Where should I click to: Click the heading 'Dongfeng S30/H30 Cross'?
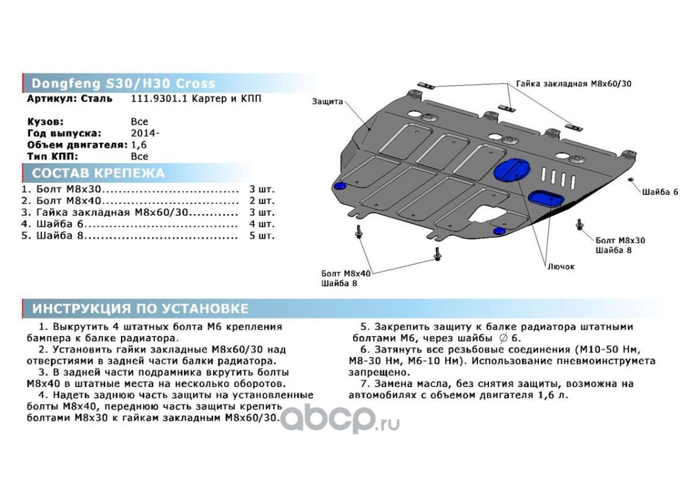tap(123, 84)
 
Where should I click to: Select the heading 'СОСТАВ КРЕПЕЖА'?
tap(98, 173)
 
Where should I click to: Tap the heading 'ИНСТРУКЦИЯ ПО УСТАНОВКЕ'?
tap(140, 308)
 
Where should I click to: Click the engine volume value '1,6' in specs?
tap(139, 145)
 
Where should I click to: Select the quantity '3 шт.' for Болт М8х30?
tap(261, 189)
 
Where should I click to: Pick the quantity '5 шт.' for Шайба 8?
tap(261, 235)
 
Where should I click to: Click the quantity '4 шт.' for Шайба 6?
tap(261, 224)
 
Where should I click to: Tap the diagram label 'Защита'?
tap(327, 101)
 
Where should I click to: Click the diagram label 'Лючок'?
tap(560, 267)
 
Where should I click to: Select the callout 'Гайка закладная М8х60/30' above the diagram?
tap(573, 84)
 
